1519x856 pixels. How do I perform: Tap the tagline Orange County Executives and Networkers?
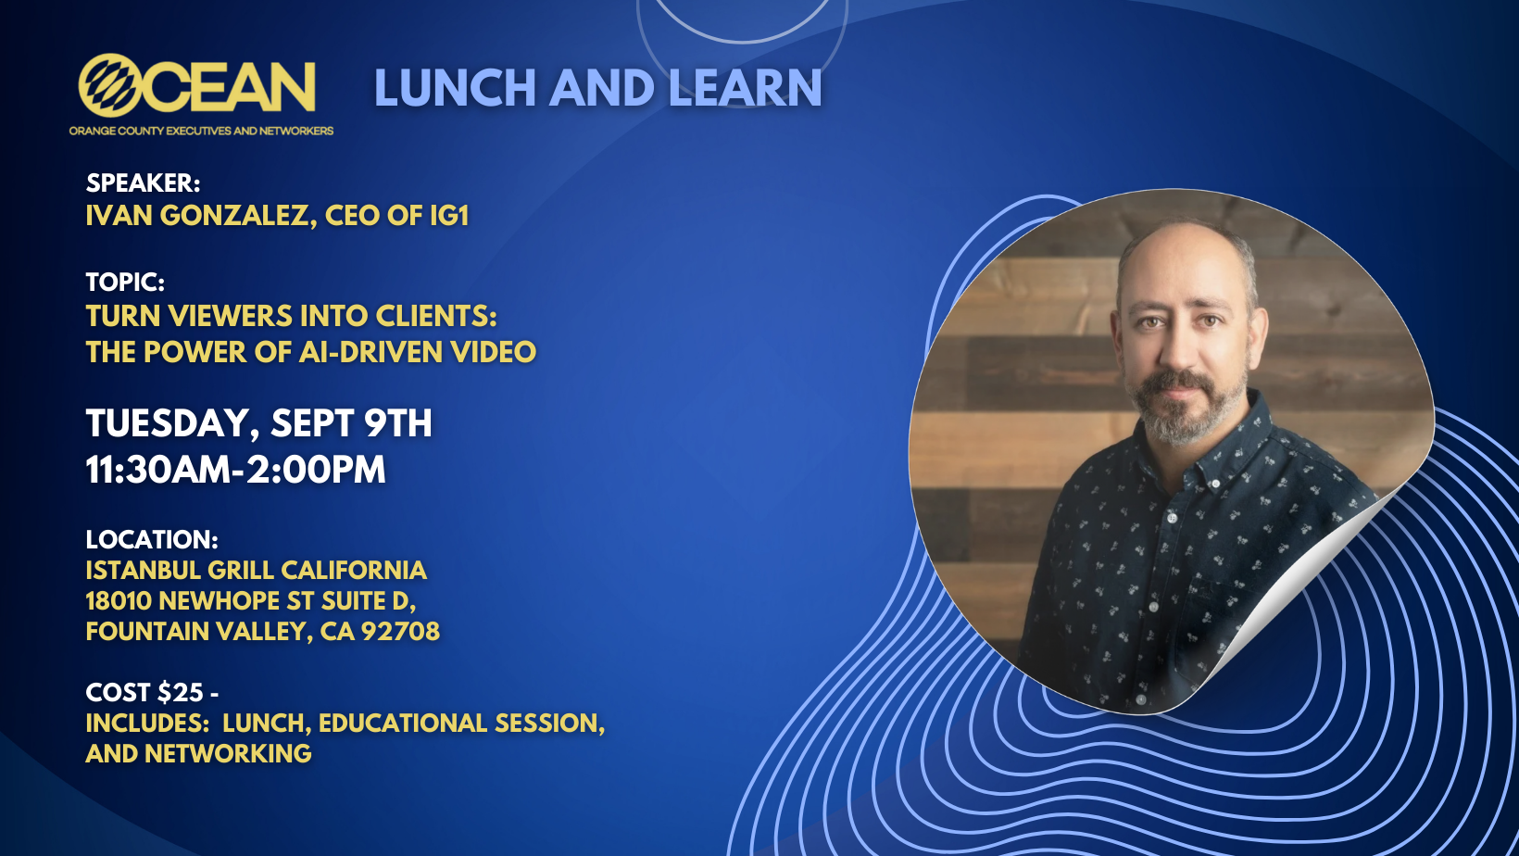(x=201, y=131)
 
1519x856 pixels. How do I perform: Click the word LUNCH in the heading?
(x=455, y=88)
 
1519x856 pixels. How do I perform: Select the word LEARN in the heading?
(x=746, y=88)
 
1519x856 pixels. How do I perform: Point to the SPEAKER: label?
(x=143, y=183)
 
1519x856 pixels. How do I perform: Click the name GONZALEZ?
(x=239, y=217)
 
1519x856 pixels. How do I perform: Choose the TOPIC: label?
(x=125, y=283)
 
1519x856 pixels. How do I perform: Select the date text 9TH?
(x=398, y=423)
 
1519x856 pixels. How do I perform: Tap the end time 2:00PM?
(x=316, y=470)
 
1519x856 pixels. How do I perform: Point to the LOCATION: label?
(x=152, y=540)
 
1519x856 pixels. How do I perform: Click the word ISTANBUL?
(x=143, y=571)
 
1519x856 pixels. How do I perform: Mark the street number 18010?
(x=119, y=601)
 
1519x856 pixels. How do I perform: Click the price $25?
(x=181, y=693)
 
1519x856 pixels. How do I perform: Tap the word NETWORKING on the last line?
(x=228, y=754)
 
